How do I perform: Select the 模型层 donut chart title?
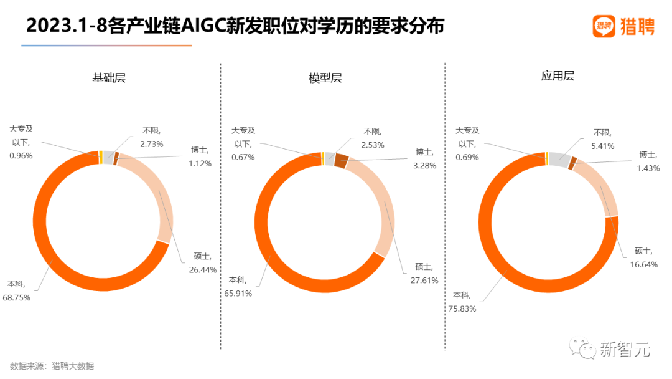click(325, 78)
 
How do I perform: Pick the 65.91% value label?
click(238, 294)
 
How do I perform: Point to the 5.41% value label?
click(602, 146)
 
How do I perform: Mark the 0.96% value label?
click(21, 156)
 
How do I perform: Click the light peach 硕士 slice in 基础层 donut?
click(163, 199)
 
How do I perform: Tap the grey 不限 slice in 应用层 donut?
click(558, 158)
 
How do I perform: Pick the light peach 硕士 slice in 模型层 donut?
click(385, 206)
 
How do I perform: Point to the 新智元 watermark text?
click(625, 350)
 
